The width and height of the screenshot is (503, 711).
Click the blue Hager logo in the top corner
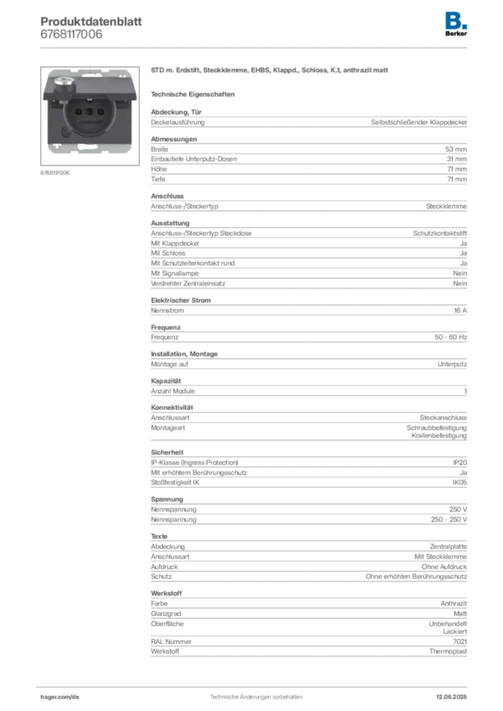click(456, 19)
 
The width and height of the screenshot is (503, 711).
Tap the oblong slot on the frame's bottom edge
click(88, 147)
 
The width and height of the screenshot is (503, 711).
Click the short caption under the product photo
click(56, 172)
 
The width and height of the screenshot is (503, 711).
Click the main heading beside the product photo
click(267, 72)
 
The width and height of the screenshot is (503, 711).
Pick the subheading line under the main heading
click(195, 94)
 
